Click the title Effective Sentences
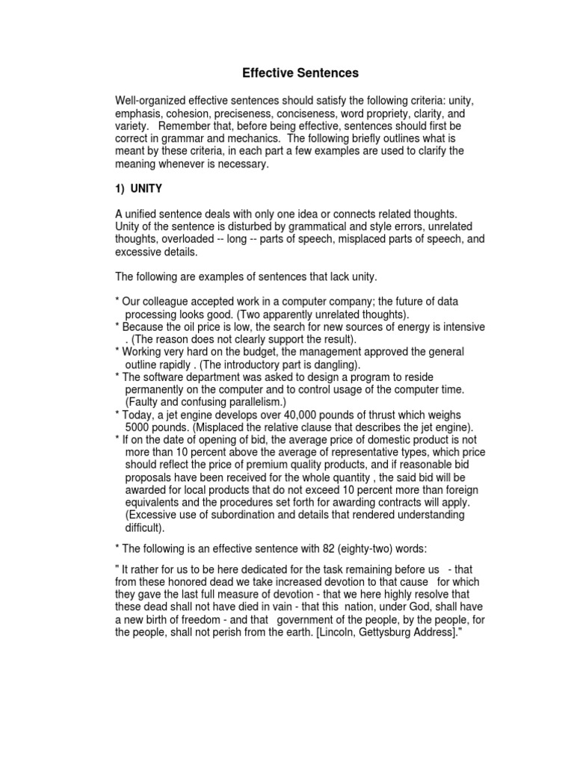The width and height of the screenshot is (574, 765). point(290,73)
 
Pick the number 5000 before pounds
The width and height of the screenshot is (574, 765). point(139,427)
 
